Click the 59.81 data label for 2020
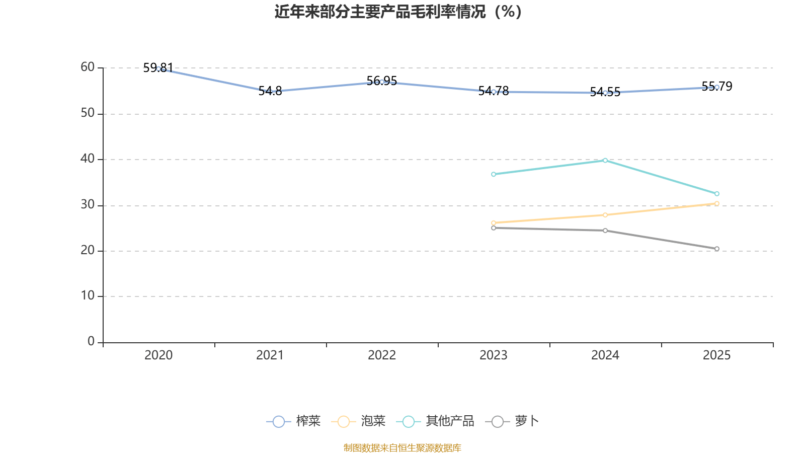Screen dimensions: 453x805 click(158, 67)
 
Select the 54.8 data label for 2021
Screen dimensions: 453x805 click(270, 91)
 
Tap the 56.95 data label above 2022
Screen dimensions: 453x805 click(382, 81)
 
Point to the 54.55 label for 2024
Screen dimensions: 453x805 click(605, 92)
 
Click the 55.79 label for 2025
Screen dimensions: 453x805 click(717, 87)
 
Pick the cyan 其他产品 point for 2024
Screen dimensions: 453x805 click(605, 161)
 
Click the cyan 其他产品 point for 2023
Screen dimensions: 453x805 click(494, 174)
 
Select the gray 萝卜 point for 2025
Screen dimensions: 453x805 click(717, 249)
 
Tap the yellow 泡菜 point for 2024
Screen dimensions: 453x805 click(605, 215)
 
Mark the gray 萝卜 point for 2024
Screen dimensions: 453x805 click(605, 231)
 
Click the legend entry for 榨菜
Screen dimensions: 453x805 click(294, 421)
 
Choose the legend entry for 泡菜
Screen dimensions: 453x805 click(359, 421)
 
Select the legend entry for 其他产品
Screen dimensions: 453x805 click(436, 421)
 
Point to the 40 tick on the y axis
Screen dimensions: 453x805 click(88, 159)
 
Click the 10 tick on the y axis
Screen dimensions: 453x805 click(88, 296)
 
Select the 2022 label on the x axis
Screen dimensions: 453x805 click(382, 355)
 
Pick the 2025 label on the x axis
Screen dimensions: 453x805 click(716, 355)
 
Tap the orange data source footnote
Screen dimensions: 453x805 click(402, 447)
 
